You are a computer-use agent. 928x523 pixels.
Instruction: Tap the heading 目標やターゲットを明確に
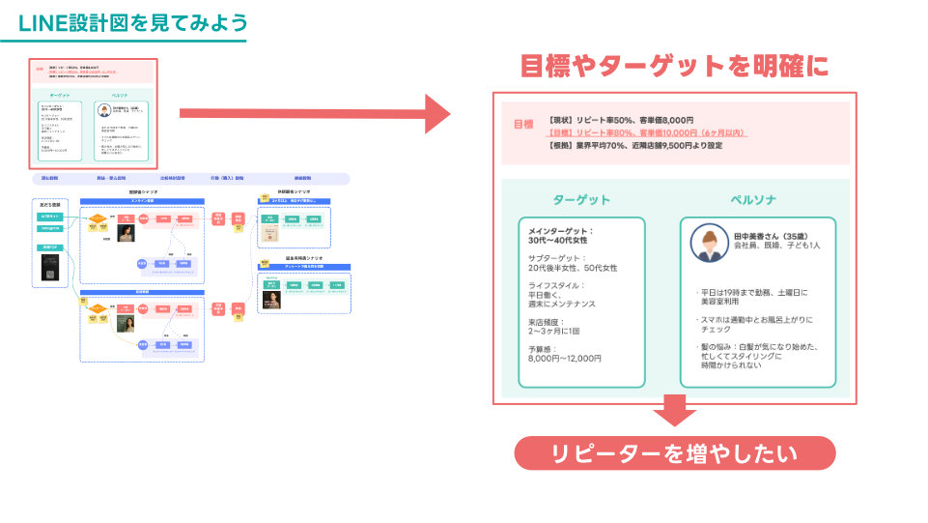tap(674, 66)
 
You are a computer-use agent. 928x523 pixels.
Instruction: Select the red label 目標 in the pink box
tap(523, 124)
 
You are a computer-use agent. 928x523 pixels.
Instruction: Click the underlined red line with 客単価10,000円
tap(647, 132)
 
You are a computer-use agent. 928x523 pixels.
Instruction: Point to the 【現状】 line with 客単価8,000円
tap(620, 120)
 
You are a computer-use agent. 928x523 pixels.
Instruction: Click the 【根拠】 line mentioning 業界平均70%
tap(635, 145)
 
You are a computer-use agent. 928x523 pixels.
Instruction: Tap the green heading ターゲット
tap(581, 199)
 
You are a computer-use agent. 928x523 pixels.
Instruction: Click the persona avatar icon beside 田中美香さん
tap(708, 244)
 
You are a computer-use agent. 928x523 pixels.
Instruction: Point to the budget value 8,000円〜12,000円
tap(565, 358)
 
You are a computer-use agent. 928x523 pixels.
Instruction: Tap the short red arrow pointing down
tap(674, 415)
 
